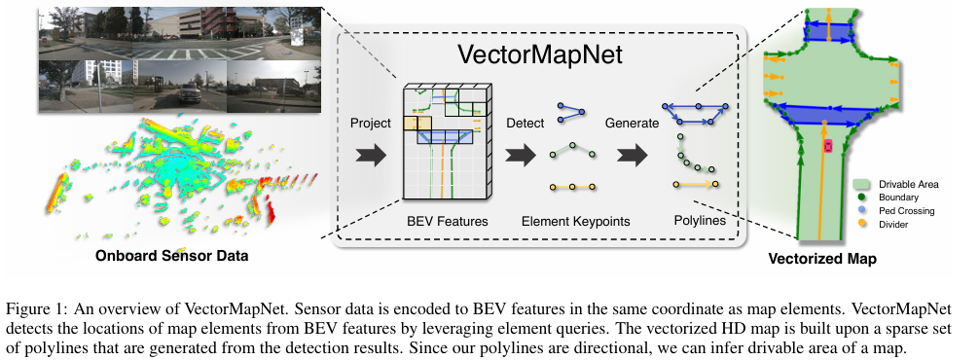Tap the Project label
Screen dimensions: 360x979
coord(371,124)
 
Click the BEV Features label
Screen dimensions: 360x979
coord(446,222)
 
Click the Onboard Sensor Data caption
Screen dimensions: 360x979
coord(171,257)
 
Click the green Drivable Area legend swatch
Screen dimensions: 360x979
coord(862,183)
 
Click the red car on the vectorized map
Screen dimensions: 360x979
coord(828,146)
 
